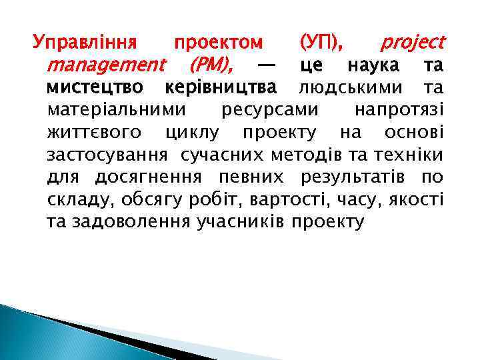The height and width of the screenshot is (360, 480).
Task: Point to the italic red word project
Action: (412, 43)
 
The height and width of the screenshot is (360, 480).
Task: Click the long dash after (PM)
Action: (266, 65)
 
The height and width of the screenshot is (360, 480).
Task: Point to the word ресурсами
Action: (269, 109)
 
